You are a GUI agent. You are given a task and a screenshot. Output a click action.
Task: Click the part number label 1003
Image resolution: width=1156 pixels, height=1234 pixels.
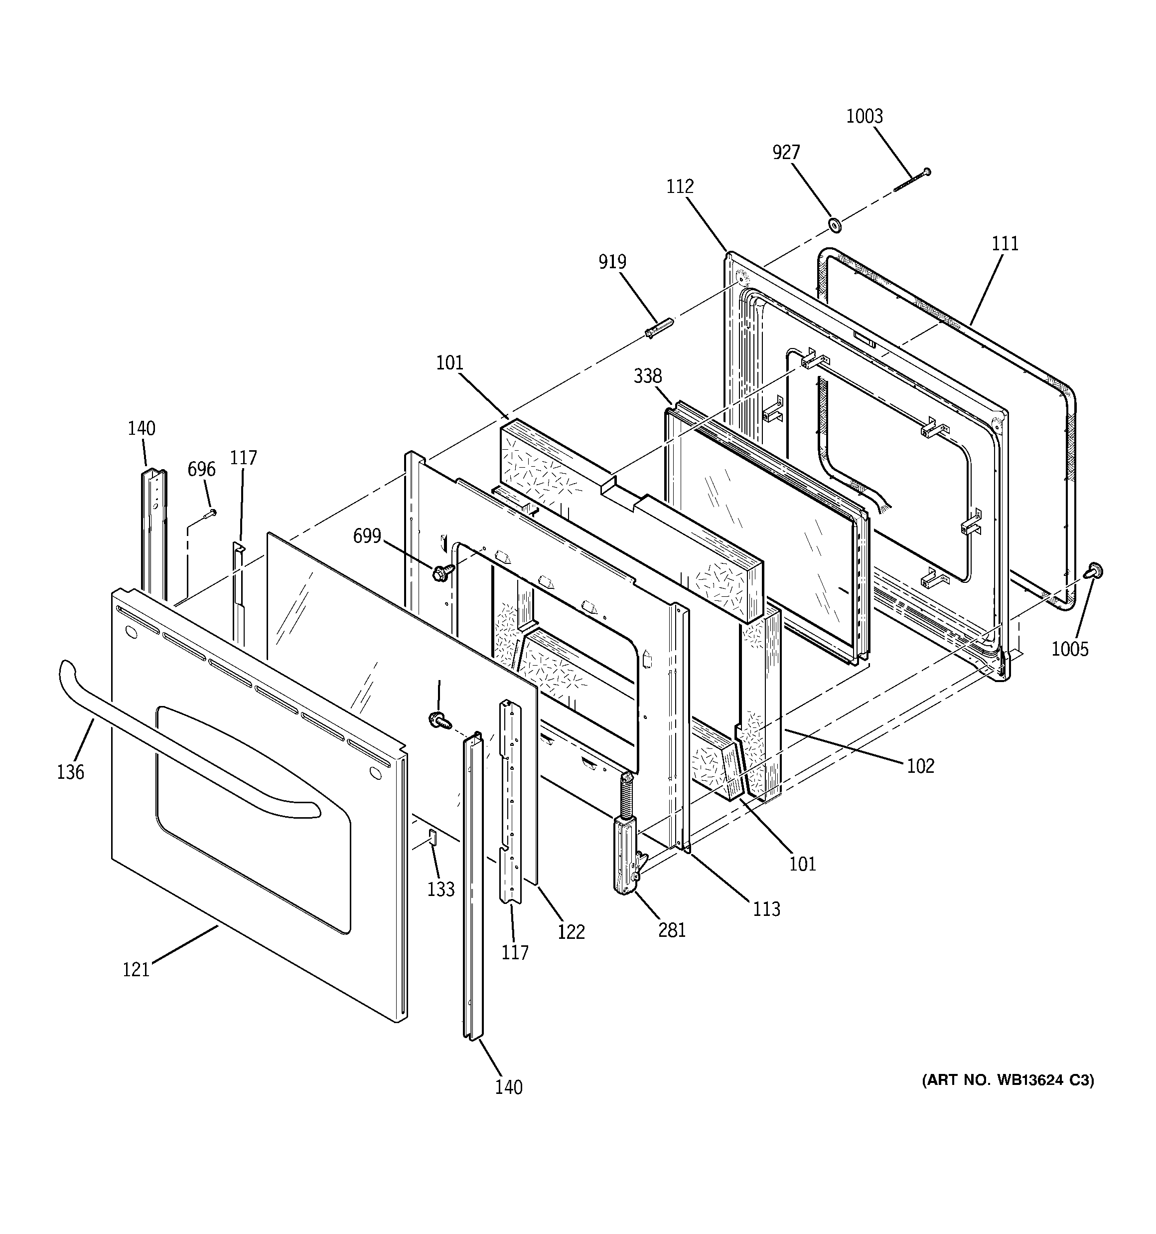(x=865, y=117)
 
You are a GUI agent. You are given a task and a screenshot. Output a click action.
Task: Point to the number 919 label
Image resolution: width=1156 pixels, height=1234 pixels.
(x=612, y=262)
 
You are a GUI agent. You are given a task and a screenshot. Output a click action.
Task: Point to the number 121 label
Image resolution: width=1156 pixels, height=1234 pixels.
(x=136, y=969)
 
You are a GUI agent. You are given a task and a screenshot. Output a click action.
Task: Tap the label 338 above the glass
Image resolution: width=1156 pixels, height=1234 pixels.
(x=648, y=376)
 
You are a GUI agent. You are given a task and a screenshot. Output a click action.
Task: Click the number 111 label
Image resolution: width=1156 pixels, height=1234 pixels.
(x=1005, y=244)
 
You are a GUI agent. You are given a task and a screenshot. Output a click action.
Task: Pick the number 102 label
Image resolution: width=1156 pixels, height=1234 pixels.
(x=920, y=766)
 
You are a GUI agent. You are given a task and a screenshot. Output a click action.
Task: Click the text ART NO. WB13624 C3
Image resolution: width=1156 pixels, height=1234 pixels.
(x=1008, y=1080)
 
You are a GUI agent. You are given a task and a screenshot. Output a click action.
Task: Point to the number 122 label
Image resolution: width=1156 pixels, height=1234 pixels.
(x=571, y=932)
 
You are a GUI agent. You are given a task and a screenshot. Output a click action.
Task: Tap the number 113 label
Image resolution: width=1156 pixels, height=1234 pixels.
(x=766, y=909)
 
